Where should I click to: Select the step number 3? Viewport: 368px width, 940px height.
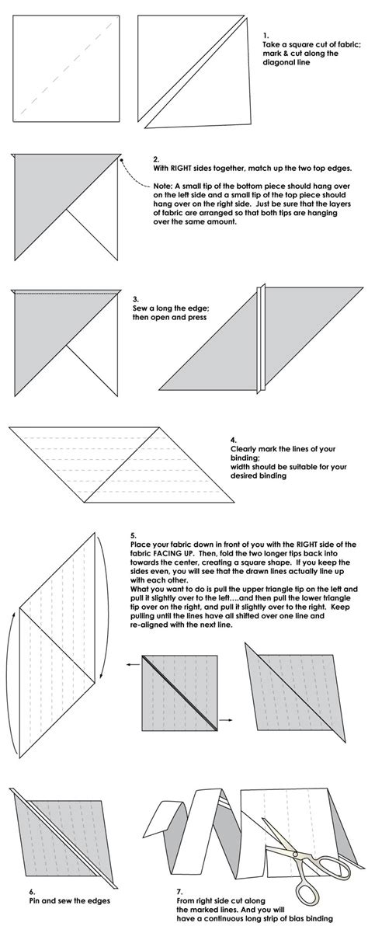136,298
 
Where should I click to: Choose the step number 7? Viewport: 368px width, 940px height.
177,893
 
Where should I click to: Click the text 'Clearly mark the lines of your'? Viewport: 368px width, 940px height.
273,448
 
